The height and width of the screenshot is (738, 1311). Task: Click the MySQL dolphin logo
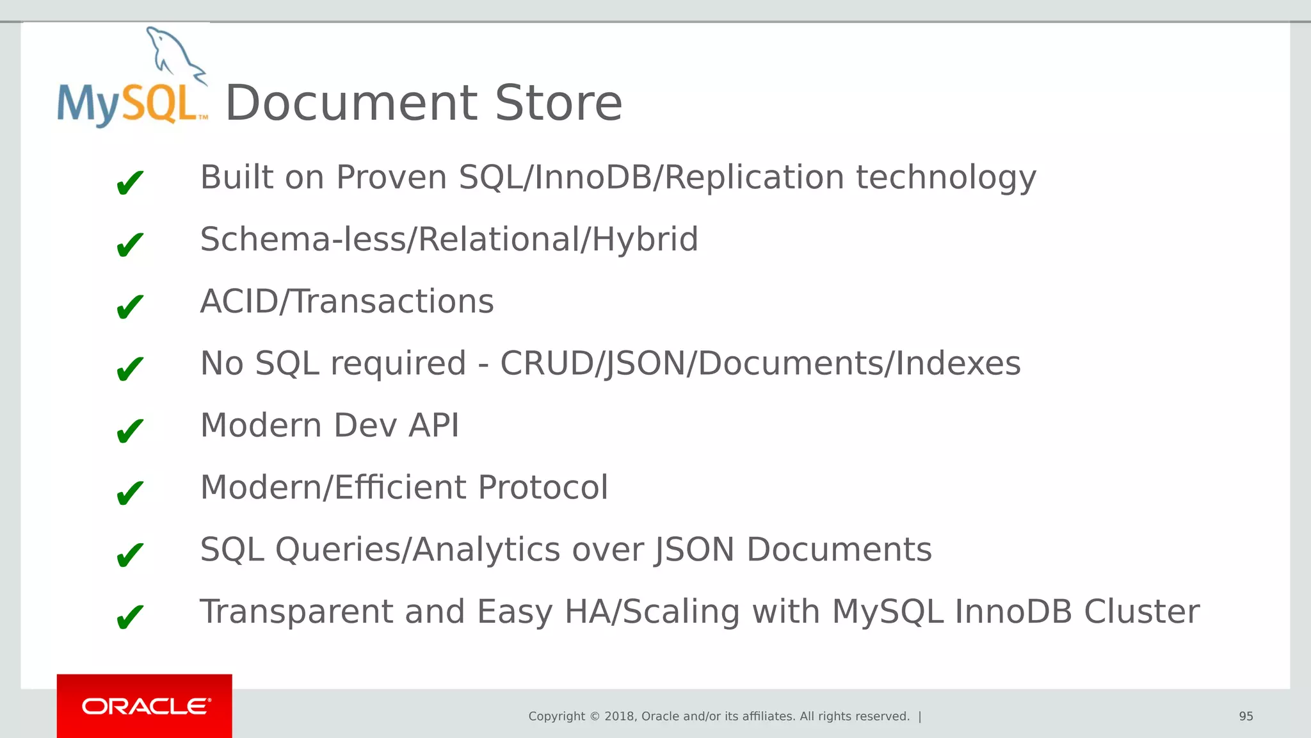tap(133, 78)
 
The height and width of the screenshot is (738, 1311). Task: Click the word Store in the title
tap(558, 103)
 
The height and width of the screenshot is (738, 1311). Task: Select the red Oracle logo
tap(145, 706)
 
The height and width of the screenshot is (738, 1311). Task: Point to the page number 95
tap(1246, 716)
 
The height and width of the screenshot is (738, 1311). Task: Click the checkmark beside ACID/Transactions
tap(130, 306)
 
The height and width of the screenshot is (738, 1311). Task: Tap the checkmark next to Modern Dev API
tap(130, 430)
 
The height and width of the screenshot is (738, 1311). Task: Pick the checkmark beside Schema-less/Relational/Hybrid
tap(130, 244)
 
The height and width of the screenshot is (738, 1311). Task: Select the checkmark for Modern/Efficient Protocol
tap(130, 493)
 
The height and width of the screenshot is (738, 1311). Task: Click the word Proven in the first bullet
tap(391, 177)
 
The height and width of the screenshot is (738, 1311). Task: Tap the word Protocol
tap(543, 488)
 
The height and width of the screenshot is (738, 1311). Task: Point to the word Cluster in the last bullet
tap(1141, 612)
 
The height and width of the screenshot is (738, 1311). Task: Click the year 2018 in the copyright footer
tap(620, 716)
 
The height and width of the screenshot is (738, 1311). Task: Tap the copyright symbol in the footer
tap(595, 716)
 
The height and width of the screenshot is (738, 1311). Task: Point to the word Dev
tap(366, 425)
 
